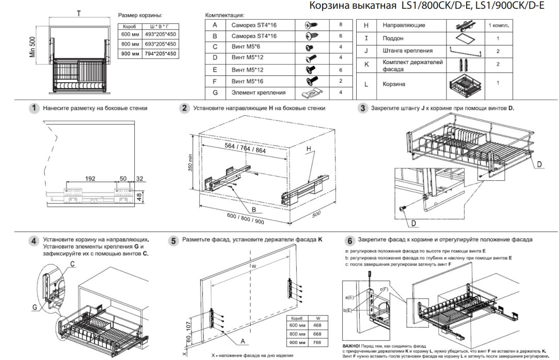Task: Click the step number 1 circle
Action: (x=34, y=108)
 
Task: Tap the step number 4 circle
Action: (x=34, y=241)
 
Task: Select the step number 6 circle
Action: (x=350, y=241)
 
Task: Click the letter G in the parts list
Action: (x=215, y=92)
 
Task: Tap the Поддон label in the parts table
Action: (x=393, y=38)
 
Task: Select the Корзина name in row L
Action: (x=394, y=84)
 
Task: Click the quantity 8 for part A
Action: (x=341, y=25)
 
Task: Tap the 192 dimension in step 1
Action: (x=90, y=179)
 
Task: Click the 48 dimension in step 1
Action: (x=140, y=196)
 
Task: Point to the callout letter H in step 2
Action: (x=309, y=148)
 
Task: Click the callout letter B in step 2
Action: (x=254, y=210)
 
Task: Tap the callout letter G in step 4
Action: (x=35, y=307)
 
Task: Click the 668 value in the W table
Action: (x=317, y=334)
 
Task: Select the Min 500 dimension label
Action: (x=33, y=46)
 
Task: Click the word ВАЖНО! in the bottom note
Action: (x=351, y=346)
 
